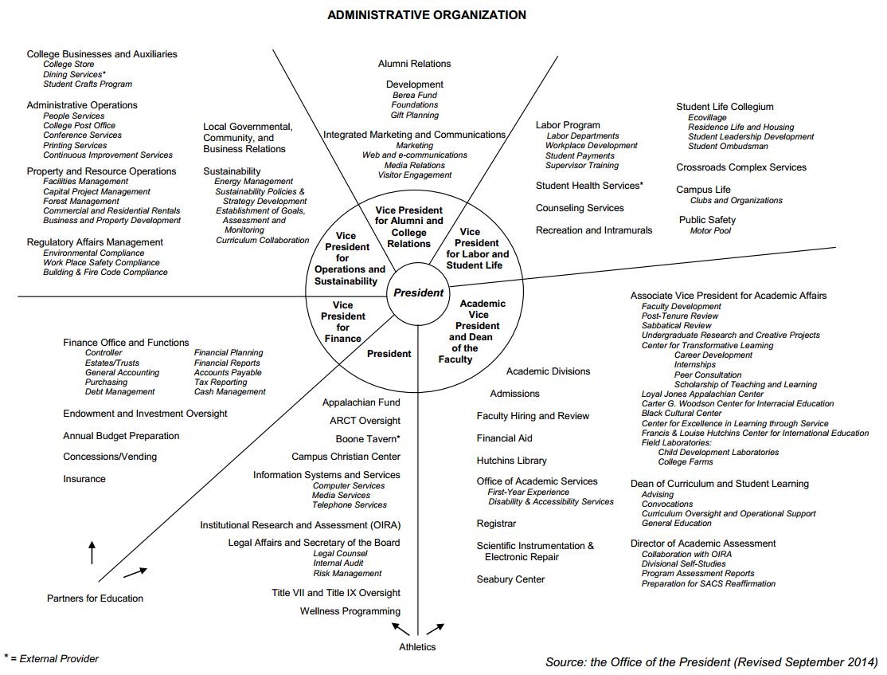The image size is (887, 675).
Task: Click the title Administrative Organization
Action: click(x=427, y=15)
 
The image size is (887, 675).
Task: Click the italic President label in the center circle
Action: click(x=418, y=292)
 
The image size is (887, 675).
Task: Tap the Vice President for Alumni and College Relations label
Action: click(x=409, y=227)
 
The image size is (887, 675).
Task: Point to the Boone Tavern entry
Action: click(x=368, y=439)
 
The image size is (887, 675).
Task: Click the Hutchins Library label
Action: click(x=511, y=461)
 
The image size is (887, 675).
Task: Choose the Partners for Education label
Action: click(x=95, y=598)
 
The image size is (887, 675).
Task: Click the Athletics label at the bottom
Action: click(x=417, y=647)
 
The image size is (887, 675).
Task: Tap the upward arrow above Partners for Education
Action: click(x=92, y=551)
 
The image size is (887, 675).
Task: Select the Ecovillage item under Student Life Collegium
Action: click(x=707, y=118)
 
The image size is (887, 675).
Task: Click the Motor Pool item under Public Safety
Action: click(x=710, y=231)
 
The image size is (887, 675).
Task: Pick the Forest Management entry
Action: click(x=81, y=202)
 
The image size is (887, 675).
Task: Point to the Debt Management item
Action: click(x=119, y=392)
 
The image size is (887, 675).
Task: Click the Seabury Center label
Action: click(x=510, y=579)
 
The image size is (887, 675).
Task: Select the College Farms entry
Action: click(x=686, y=462)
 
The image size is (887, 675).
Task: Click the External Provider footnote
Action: click(x=53, y=659)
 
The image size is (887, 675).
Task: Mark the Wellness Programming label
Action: click(x=350, y=611)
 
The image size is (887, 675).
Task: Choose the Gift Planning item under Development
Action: click(x=414, y=116)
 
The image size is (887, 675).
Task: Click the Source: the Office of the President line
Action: click(x=711, y=662)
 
